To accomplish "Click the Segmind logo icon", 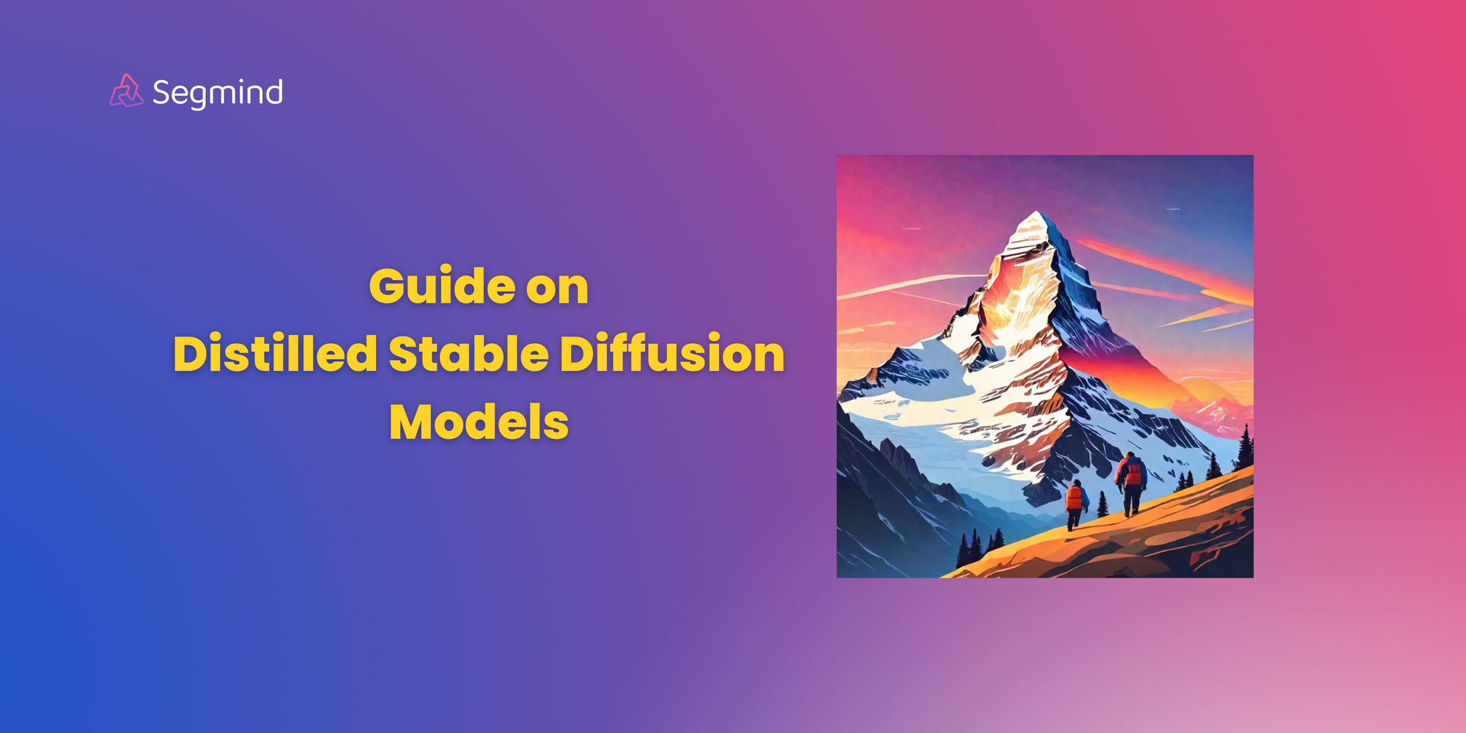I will (126, 92).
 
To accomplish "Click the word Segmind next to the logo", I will (218, 93).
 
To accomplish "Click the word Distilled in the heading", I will (275, 353).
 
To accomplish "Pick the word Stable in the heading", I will (468, 353).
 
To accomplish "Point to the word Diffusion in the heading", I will (672, 353).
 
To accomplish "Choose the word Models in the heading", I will (479, 422).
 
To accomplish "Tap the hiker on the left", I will (1075, 502).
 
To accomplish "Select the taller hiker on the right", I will (1132, 482).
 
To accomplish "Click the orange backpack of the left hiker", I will (1074, 498).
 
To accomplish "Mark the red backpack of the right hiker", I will (1133, 474).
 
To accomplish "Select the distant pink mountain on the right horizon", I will (1217, 410).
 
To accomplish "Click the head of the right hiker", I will (1130, 456).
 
